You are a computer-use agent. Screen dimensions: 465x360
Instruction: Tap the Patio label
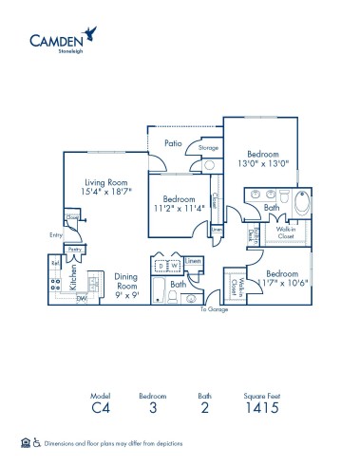tap(172, 143)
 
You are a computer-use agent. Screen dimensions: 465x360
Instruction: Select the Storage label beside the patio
tap(208, 148)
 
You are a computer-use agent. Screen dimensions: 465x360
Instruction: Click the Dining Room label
tap(126, 285)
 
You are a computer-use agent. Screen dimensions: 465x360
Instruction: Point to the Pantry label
tap(76, 250)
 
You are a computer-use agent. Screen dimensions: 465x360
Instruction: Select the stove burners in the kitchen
tap(56, 280)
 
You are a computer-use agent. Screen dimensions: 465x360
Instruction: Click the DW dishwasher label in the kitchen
tap(82, 298)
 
